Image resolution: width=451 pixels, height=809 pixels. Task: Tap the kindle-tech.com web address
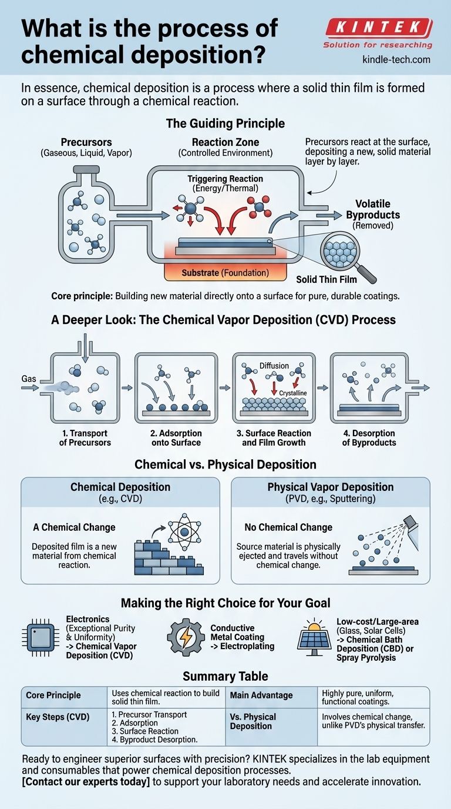tap(396, 59)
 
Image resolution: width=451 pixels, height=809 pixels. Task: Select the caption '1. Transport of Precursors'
tap(85, 437)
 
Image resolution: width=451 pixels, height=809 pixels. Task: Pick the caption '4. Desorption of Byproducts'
tap(369, 437)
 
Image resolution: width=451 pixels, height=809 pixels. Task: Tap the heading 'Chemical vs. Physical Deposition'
tap(225, 464)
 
